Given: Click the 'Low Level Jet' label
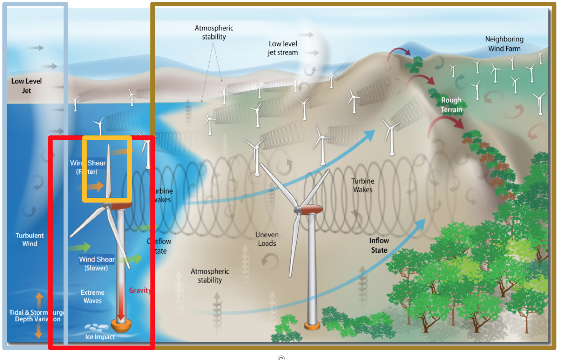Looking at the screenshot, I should coord(26,86).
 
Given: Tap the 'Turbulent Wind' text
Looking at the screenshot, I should coord(29,239).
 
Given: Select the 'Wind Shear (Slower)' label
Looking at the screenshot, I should coord(96,264).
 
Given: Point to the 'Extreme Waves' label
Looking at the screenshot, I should coord(93,296).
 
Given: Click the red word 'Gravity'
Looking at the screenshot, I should coord(140,291).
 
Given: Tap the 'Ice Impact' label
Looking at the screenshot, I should coord(100,337).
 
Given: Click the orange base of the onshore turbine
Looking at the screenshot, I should coord(312,326).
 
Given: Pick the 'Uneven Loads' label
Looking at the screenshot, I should coord(267,239).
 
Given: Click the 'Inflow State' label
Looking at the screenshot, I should coord(379,245).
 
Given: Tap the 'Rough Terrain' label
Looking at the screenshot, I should coord(451,105).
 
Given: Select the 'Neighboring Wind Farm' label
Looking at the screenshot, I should coord(504,44).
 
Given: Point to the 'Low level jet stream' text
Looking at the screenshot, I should coord(283,48).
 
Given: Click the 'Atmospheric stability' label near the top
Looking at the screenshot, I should coord(214,32).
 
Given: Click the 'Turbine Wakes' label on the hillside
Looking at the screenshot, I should coord(363,185).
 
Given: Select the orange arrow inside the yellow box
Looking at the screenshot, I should coord(95,186).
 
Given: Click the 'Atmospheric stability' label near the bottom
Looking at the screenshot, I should coord(210,276).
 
